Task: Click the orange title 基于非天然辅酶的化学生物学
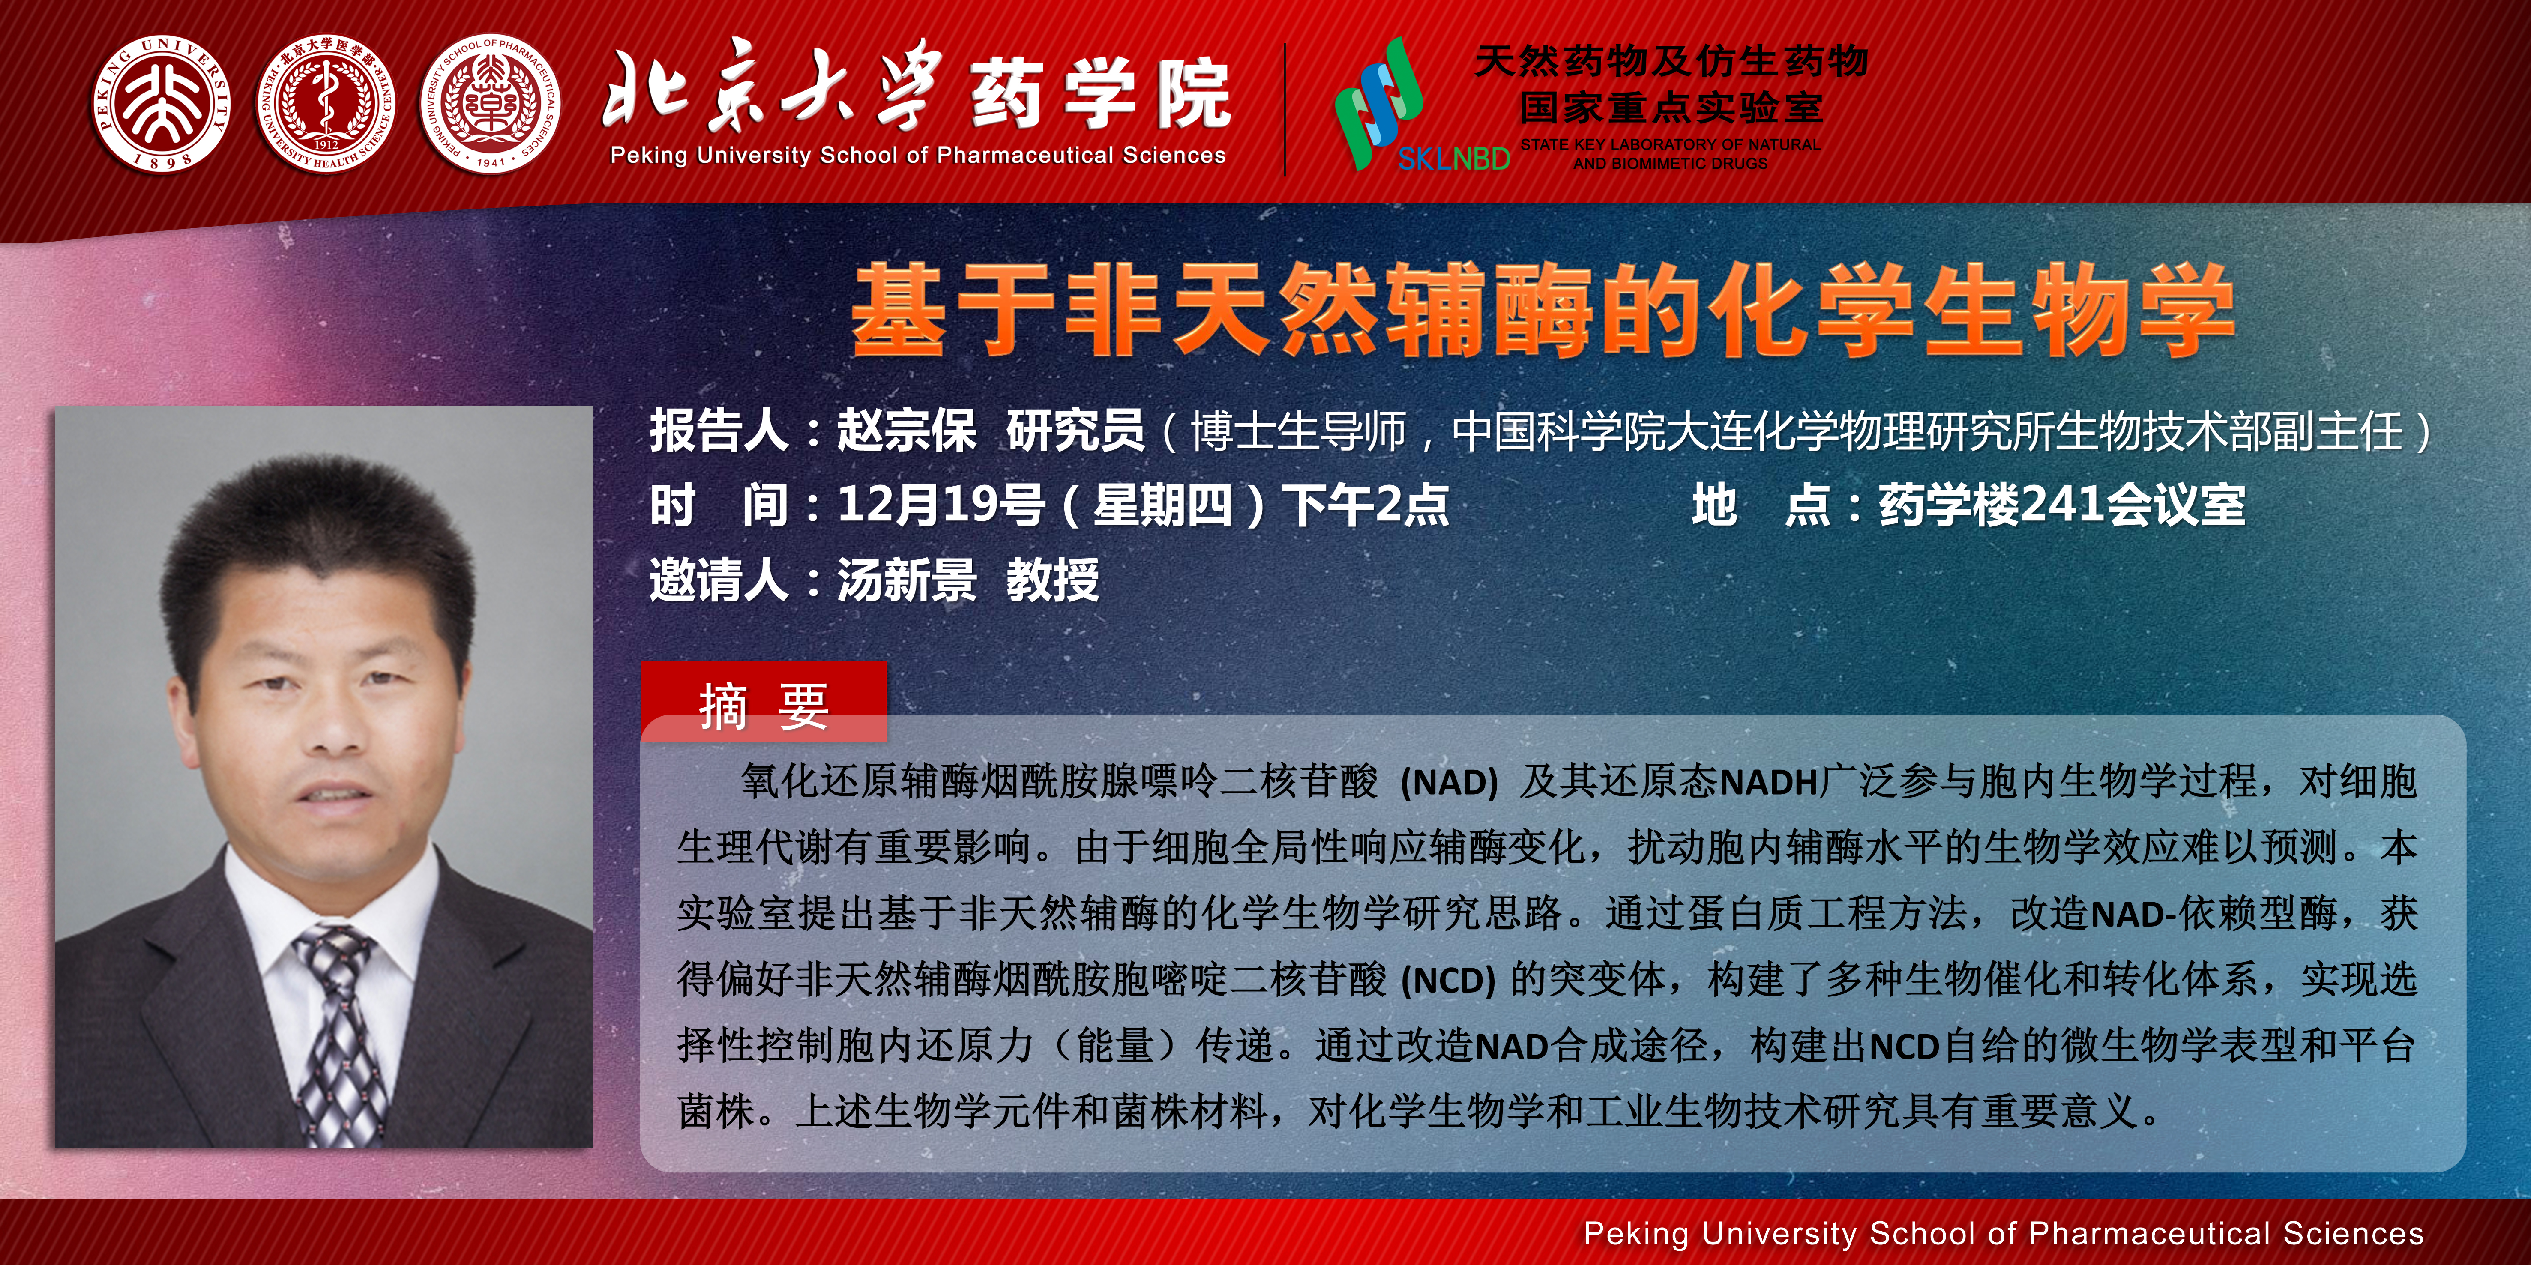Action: click(x=1543, y=309)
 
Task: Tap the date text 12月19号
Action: click(x=940, y=505)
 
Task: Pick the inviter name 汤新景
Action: click(x=906, y=580)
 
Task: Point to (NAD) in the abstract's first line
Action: click(x=1448, y=783)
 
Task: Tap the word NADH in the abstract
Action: click(x=1769, y=783)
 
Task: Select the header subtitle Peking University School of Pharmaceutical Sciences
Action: click(x=918, y=155)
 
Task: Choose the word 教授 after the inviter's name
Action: click(x=1052, y=580)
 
